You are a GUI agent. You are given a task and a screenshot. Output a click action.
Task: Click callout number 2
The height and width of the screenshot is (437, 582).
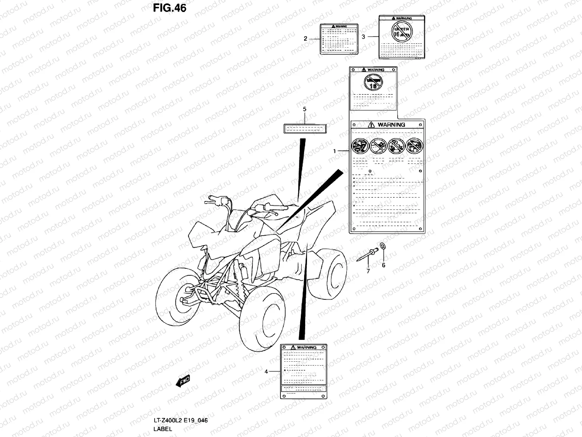(x=306, y=38)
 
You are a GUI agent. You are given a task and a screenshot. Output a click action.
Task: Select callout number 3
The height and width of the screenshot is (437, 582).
(x=363, y=36)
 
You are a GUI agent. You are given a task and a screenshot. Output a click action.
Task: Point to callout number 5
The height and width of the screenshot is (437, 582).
(x=304, y=109)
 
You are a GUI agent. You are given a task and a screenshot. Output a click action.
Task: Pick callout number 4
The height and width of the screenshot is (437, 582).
(x=266, y=371)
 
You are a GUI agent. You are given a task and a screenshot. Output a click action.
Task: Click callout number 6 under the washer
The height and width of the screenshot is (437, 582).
(x=383, y=265)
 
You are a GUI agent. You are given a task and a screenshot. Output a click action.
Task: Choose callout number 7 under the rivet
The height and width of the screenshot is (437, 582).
(x=368, y=271)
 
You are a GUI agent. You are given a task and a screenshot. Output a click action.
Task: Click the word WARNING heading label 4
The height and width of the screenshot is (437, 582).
(x=307, y=347)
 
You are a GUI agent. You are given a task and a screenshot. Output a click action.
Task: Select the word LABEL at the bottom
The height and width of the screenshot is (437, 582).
(x=163, y=429)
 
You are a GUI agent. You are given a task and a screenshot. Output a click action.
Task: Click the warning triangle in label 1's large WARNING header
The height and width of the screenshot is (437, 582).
(x=371, y=125)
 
